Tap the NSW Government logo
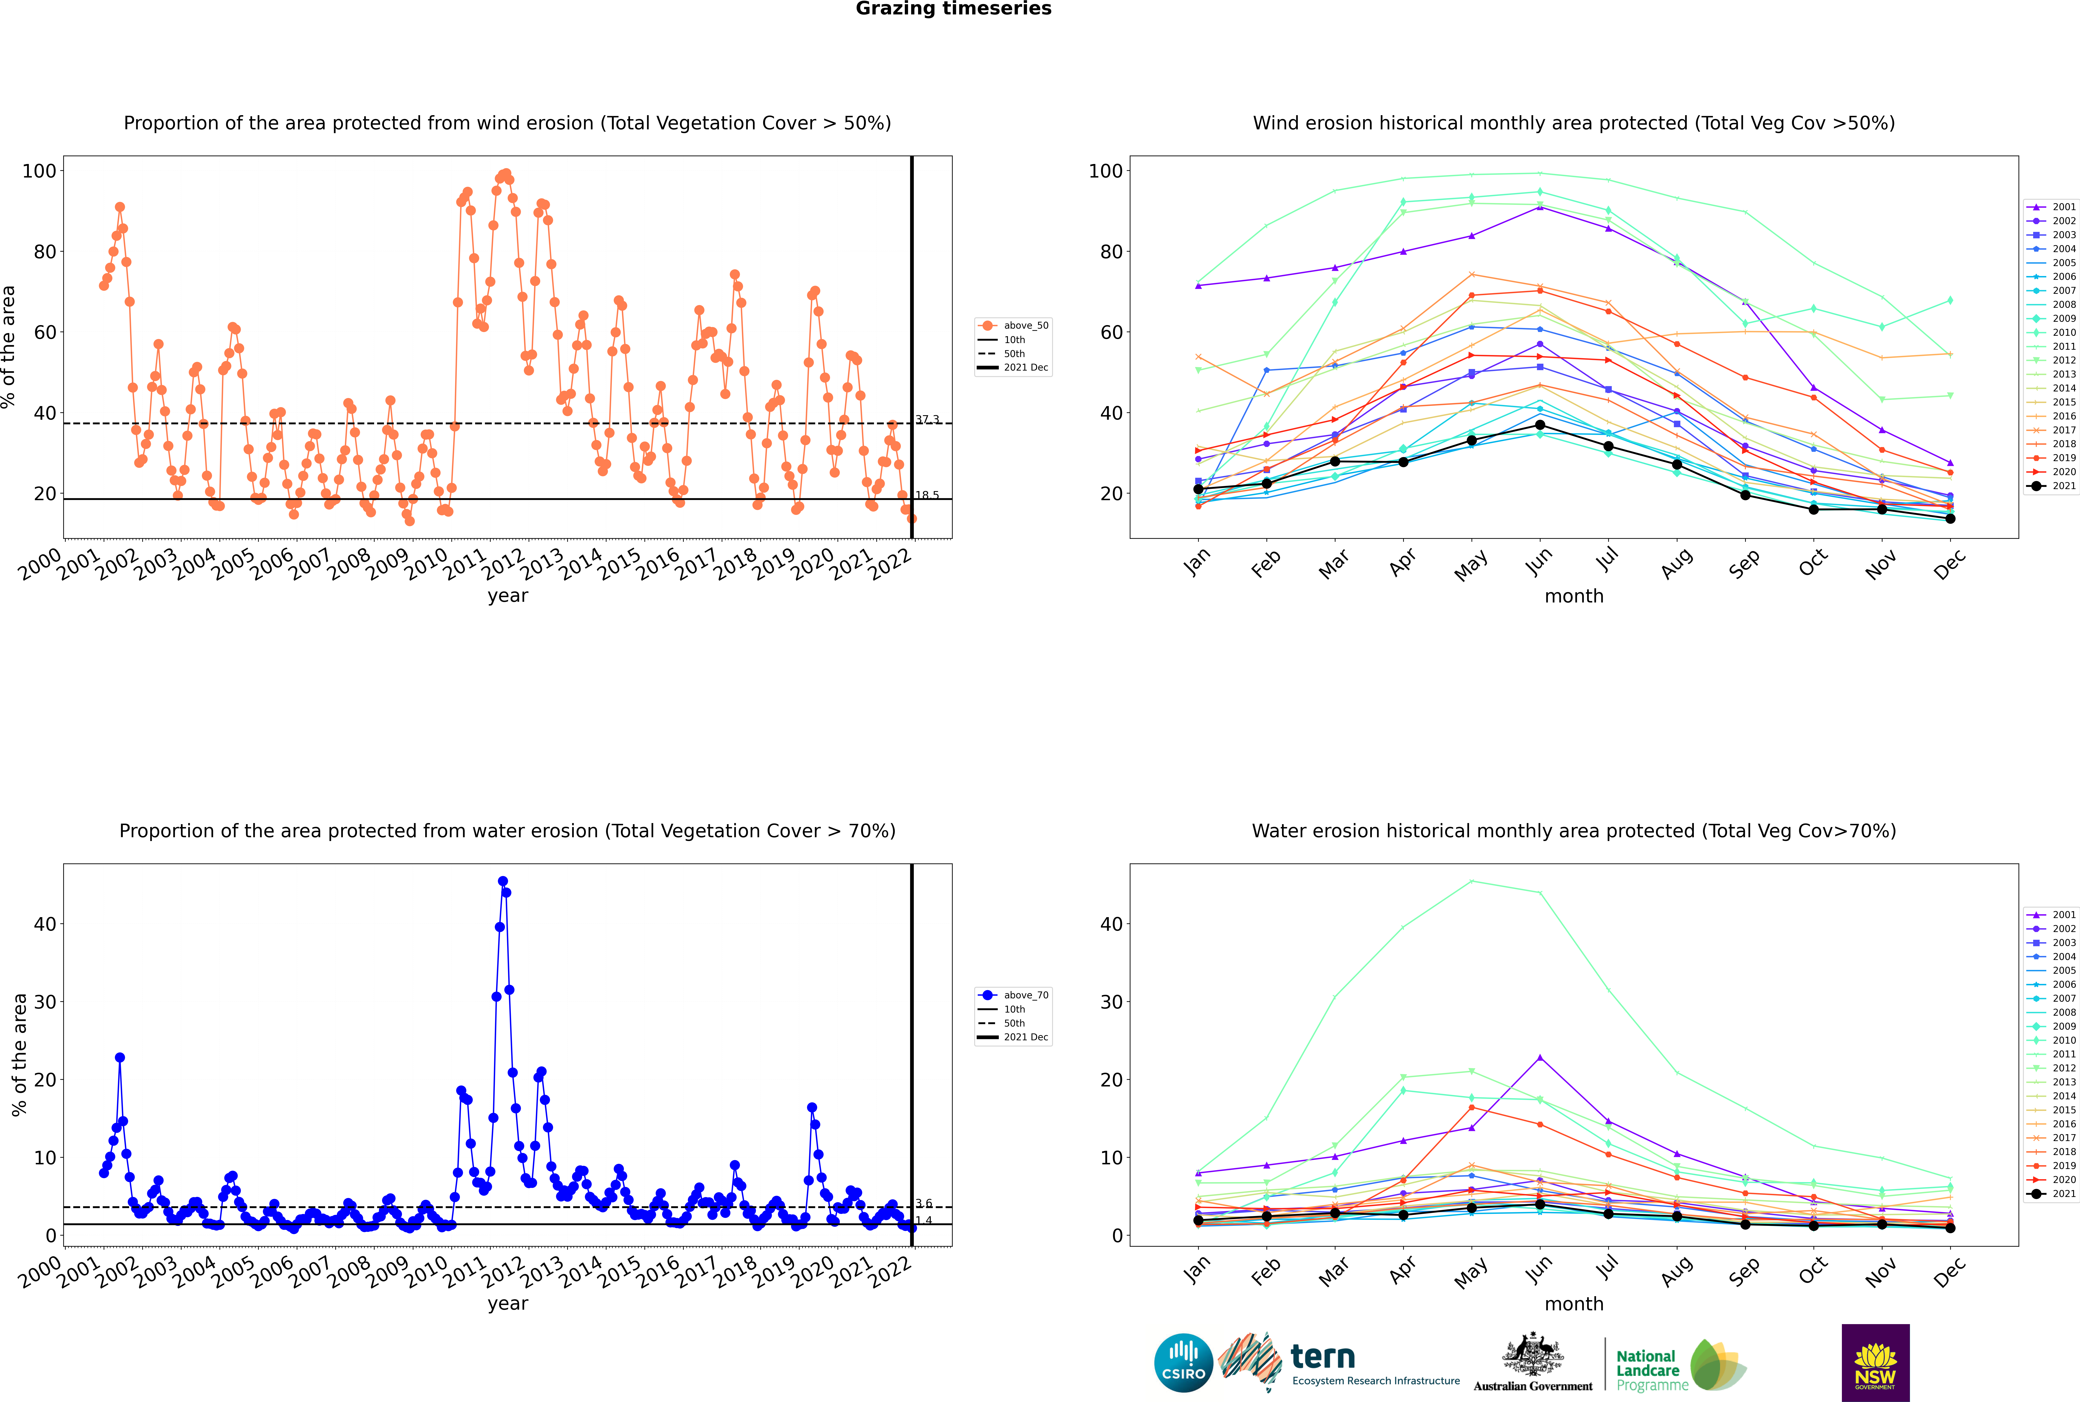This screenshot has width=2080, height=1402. pyautogui.click(x=1875, y=1362)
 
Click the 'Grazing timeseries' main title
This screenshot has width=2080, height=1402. pyautogui.click(x=953, y=9)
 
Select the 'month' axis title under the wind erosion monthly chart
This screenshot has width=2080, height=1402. pyautogui.click(x=1574, y=596)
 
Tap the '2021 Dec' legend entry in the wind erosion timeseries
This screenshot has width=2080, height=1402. pyautogui.click(x=1013, y=367)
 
